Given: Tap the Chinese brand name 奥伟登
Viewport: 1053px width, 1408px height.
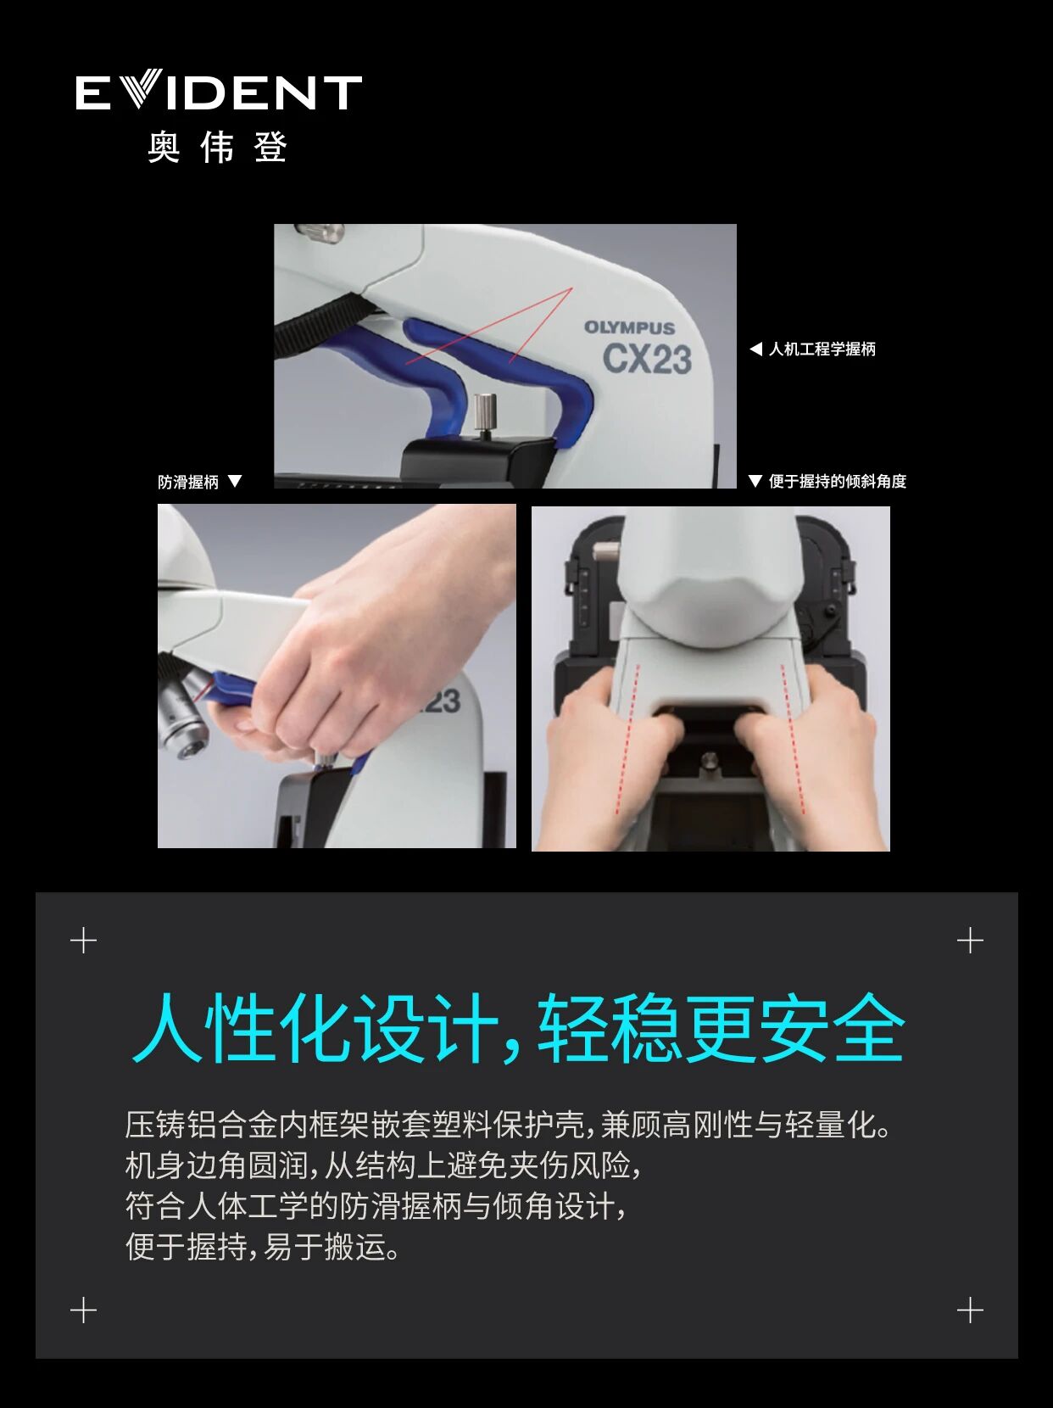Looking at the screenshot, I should coord(218,148).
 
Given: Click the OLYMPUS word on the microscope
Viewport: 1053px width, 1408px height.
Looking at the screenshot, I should coord(629,327).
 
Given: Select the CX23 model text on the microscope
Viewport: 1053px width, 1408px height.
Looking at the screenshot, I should coord(647,359).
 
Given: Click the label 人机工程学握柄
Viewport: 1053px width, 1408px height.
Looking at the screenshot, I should coord(822,349).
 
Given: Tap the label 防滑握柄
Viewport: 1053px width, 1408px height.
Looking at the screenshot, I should coord(188,482).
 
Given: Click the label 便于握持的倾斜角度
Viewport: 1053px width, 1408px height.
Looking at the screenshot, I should coord(837,482).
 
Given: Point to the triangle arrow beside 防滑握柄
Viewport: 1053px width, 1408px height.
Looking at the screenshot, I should coord(236,481).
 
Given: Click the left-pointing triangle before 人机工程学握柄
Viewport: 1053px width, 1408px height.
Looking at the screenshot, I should coord(755,349).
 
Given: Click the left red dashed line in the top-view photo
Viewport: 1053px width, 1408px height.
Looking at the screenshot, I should coord(627,738).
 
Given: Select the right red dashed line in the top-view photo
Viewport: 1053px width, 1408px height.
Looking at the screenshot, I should coord(794,738).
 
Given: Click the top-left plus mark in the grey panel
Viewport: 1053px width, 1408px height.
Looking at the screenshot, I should coord(83,941).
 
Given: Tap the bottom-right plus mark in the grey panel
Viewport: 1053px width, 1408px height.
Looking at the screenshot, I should coord(970,1310).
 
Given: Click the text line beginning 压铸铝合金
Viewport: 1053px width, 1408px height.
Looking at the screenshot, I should coord(509,1125).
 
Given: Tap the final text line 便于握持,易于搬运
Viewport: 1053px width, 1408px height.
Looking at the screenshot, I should coord(263,1247).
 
